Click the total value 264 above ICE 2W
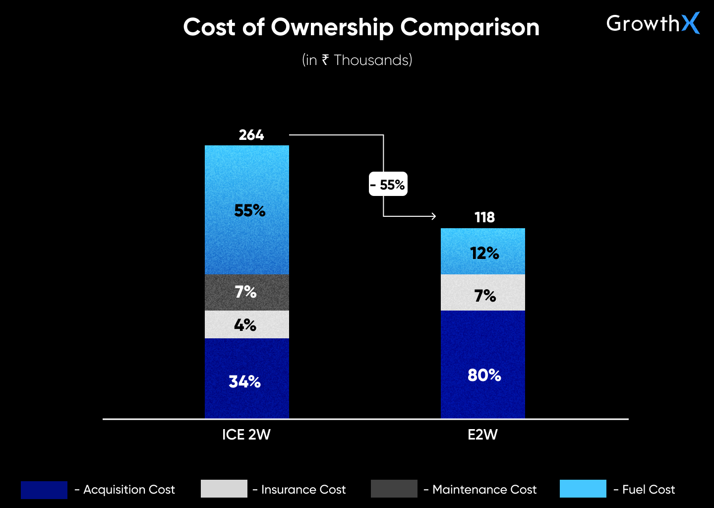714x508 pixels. tap(251, 135)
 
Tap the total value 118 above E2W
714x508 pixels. tap(484, 217)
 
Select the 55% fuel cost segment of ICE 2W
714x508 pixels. tap(247, 210)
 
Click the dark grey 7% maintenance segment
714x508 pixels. tap(246, 292)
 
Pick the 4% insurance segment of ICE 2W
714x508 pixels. tap(246, 325)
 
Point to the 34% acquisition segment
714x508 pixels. tap(246, 381)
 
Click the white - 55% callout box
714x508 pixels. tap(388, 184)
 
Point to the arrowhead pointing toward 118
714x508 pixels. tap(433, 216)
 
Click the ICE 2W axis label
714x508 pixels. tap(246, 435)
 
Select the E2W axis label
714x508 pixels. tap(482, 435)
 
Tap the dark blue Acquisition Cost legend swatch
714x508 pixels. tap(44, 489)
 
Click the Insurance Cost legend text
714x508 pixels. tap(303, 490)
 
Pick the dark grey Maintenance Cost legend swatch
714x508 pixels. tap(394, 489)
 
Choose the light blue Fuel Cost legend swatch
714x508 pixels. tap(583, 489)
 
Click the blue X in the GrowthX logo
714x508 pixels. tap(690, 23)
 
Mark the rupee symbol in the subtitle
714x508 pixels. tap(325, 60)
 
